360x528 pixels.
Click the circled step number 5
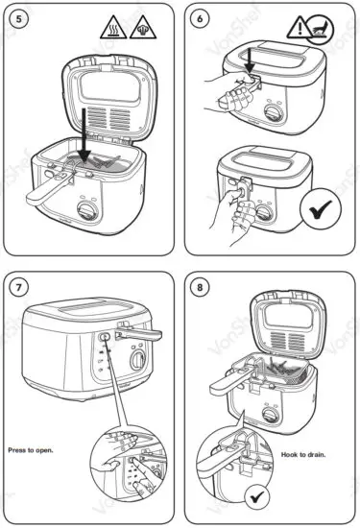point(18,19)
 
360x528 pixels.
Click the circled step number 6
point(200,19)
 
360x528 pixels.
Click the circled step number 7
point(18,287)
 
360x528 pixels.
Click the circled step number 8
point(200,287)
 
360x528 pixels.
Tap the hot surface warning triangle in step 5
point(113,29)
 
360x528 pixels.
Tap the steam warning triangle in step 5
point(143,29)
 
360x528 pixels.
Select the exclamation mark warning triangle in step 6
point(299,29)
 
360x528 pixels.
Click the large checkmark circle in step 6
point(321,208)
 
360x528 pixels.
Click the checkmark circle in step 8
point(257,496)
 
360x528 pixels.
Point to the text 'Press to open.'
point(31,450)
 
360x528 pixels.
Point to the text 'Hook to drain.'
point(303,455)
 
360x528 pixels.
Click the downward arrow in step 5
point(84,134)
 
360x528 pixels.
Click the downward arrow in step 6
point(250,60)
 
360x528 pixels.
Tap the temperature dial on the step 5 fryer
point(87,211)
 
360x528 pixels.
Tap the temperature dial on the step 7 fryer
point(138,359)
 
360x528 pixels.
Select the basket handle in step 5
point(51,187)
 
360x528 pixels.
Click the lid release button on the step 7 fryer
point(104,337)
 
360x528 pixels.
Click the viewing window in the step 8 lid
point(289,317)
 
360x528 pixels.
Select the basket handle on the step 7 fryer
point(138,333)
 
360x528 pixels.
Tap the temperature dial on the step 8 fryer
point(271,415)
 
